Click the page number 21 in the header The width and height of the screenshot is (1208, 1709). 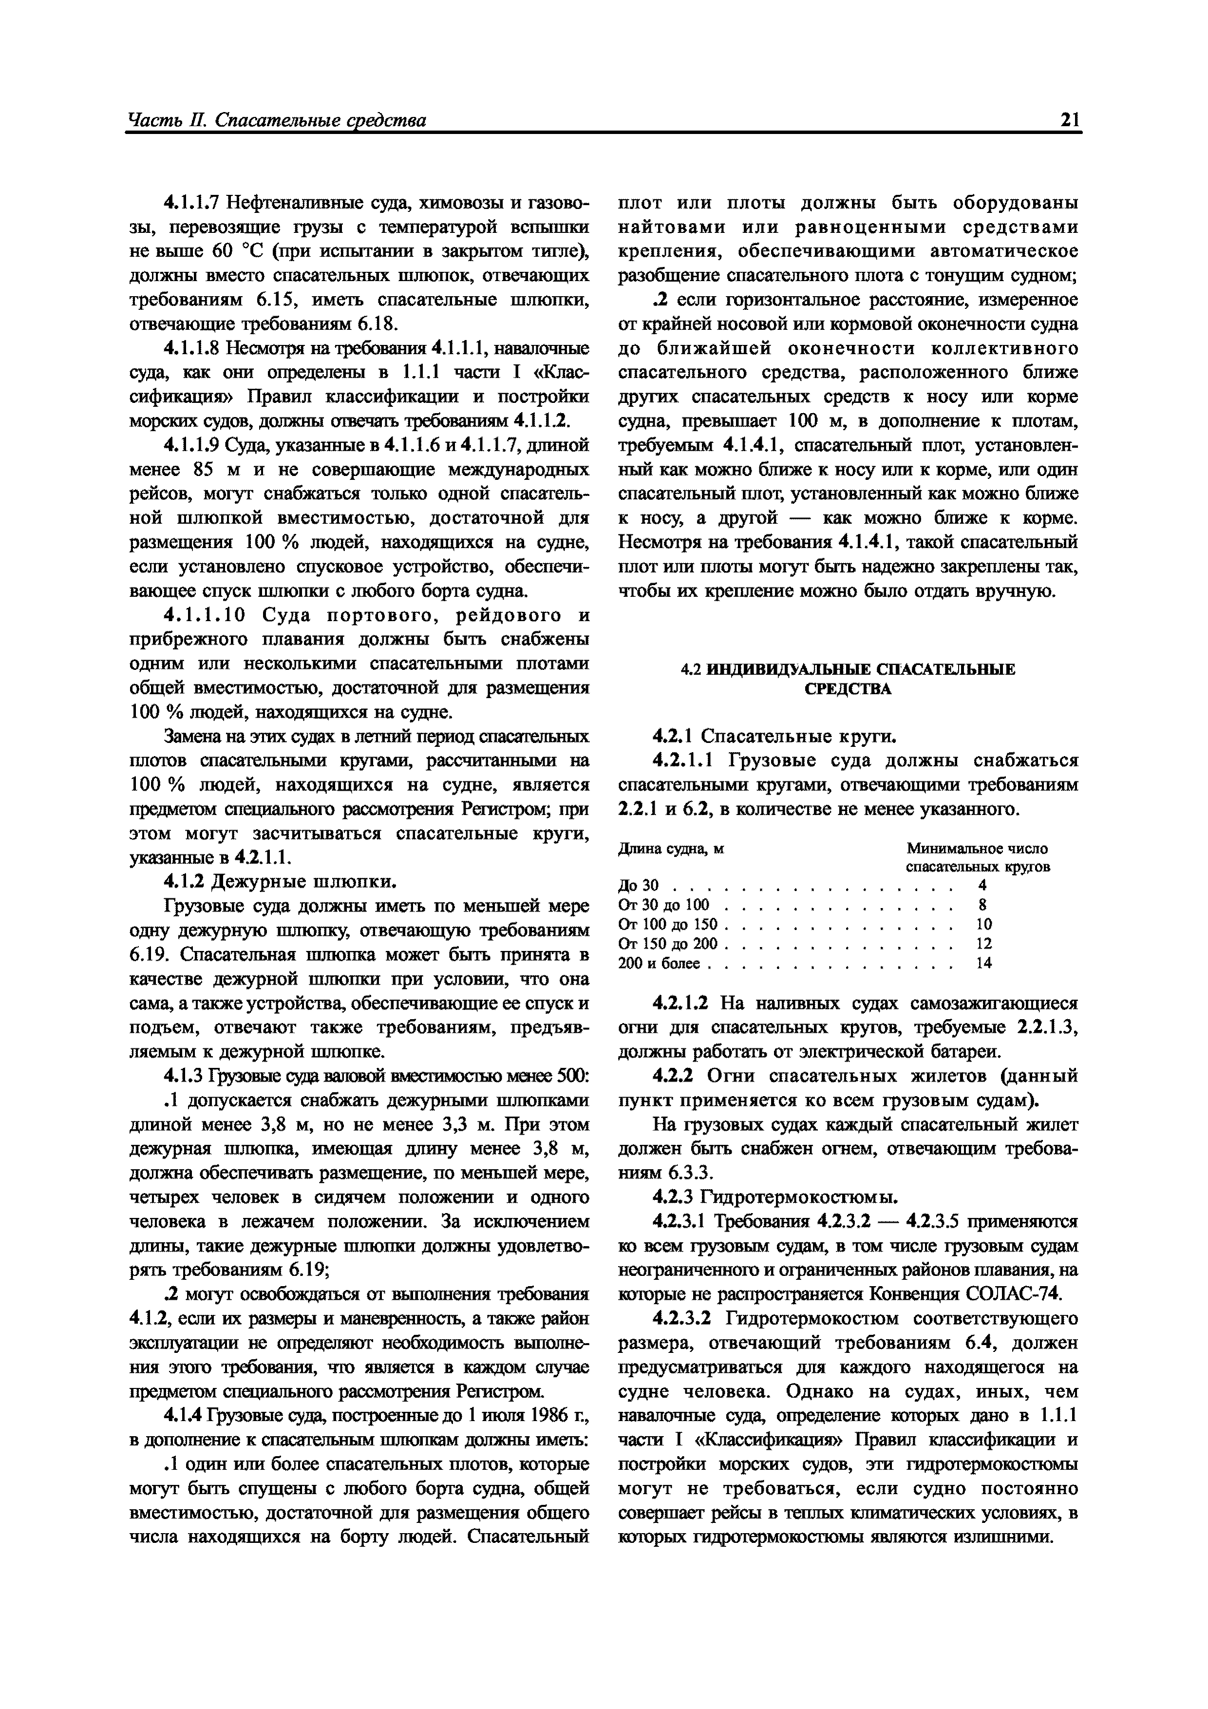[1070, 120]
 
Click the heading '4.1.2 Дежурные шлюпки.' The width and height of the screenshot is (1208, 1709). [279, 882]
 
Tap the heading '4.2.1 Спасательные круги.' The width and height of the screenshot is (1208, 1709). [774, 737]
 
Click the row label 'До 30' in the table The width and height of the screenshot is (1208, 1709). [639, 886]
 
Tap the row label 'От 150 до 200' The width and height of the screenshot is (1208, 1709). [668, 944]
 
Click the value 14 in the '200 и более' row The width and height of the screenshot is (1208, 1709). [984, 963]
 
